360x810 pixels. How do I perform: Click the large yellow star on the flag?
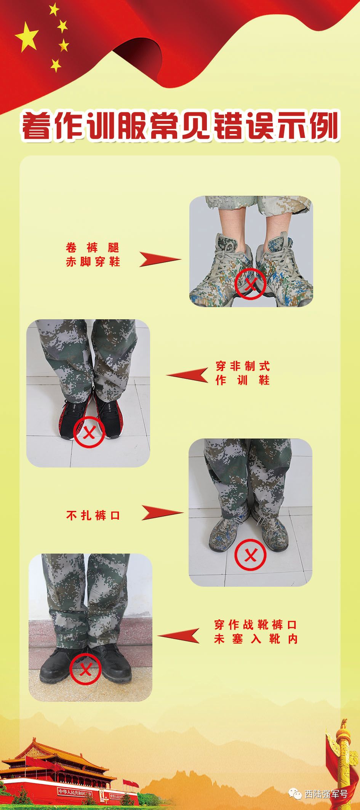27,37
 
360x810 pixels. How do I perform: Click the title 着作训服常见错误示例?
180,126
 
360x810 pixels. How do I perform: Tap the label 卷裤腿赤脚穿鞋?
93,255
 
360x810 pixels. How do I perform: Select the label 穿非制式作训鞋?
243,373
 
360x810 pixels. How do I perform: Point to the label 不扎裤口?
93,515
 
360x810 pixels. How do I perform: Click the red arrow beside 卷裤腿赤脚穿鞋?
159,259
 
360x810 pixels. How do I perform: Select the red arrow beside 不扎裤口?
162,512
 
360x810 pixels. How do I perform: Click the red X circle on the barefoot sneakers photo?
250,283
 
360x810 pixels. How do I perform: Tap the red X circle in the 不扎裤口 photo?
250,555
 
